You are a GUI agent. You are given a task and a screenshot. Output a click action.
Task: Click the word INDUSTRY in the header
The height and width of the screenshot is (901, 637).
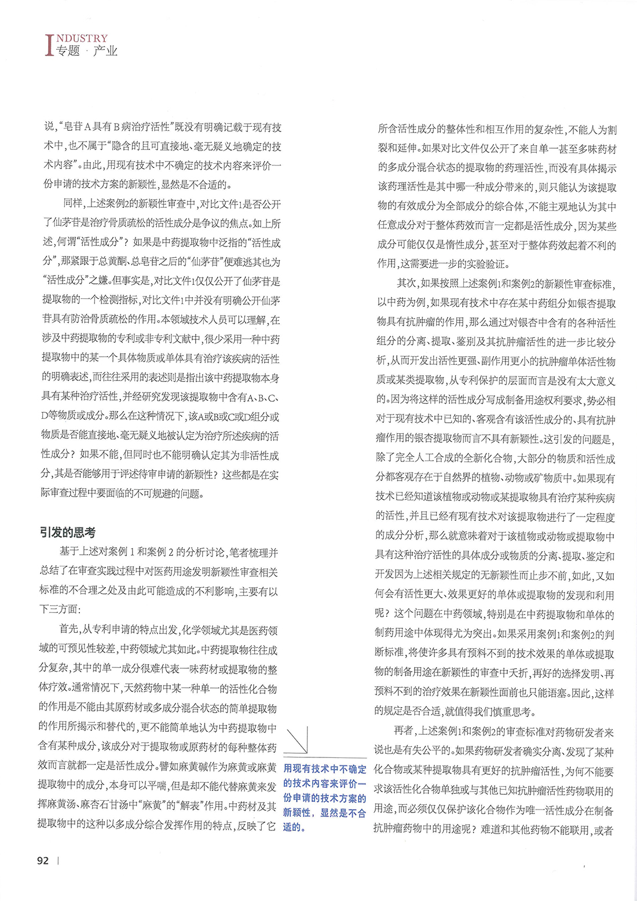(x=82, y=38)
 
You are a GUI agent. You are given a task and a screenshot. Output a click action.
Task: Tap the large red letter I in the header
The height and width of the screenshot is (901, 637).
(x=49, y=45)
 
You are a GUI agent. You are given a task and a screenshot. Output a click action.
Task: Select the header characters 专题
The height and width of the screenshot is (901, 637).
(x=68, y=52)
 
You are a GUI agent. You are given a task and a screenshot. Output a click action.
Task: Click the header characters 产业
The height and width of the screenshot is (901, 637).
(x=105, y=52)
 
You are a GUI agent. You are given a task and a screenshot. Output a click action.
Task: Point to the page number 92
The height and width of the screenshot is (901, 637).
(x=43, y=860)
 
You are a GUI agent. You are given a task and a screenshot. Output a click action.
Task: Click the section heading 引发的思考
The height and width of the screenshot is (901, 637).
(x=68, y=532)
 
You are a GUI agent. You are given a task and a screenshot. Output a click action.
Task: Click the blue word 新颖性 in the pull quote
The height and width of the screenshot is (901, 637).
(x=296, y=812)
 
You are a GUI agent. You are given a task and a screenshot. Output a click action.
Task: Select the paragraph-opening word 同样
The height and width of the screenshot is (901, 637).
(x=73, y=204)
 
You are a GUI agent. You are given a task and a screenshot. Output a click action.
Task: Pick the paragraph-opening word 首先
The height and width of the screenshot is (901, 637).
(x=70, y=630)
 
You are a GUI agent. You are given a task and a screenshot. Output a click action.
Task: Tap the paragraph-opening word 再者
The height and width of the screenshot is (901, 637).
(x=404, y=732)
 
